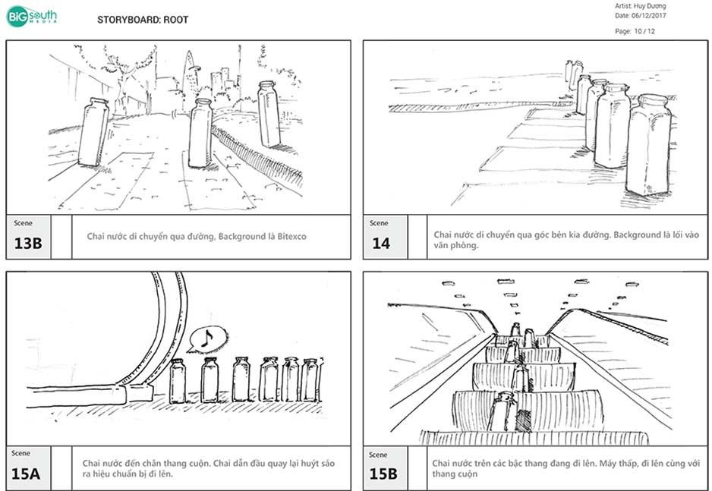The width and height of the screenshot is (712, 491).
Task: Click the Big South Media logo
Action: click(31, 16)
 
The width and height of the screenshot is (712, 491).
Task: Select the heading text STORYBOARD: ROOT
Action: click(143, 20)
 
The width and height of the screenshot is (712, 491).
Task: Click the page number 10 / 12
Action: click(635, 31)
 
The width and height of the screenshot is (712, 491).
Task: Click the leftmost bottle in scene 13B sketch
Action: click(93, 132)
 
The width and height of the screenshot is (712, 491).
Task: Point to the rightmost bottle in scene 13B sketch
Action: click(269, 113)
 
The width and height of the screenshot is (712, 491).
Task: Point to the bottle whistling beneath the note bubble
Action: click(210, 379)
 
